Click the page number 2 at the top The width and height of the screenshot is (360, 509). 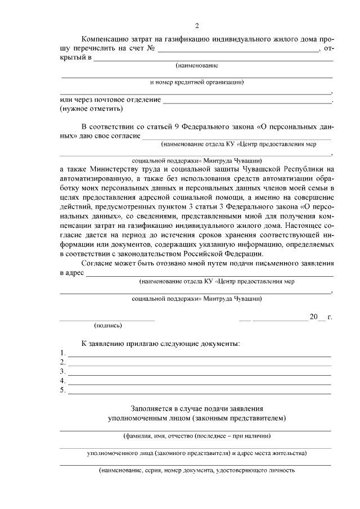pos(196,25)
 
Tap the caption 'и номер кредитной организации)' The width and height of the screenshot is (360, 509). pos(196,82)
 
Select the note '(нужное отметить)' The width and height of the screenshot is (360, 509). pos(87,109)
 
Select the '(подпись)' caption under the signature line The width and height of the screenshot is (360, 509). pos(107,325)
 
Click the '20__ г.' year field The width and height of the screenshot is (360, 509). pos(320,317)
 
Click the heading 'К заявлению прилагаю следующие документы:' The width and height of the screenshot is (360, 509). pos(161,343)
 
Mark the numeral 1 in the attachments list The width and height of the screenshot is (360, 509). pos(62,353)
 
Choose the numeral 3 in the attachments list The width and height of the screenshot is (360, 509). pos(62,372)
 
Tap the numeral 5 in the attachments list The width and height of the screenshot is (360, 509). pos(62,390)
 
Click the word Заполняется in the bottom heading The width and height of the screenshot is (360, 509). pos(152,409)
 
